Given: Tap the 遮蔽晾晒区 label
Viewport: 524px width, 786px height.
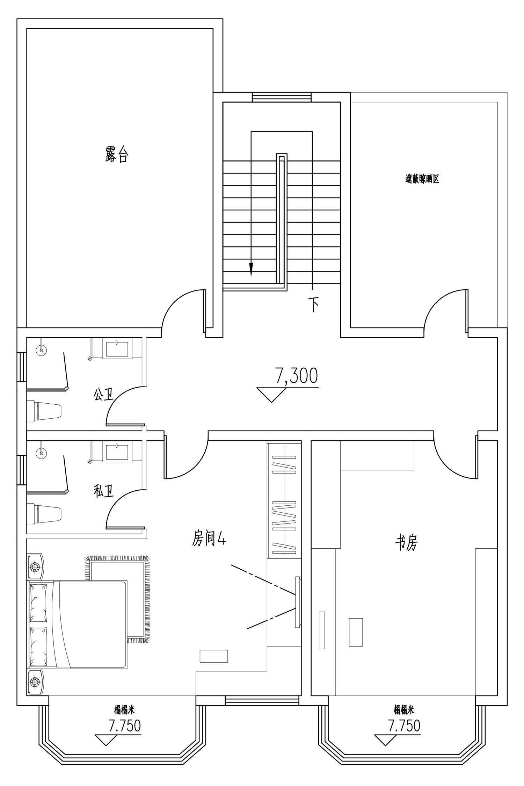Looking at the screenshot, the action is click(x=422, y=179).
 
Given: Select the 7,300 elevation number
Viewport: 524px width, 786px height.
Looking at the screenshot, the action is click(x=297, y=376).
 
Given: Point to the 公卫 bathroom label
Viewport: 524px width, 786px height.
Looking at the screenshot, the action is click(x=103, y=395).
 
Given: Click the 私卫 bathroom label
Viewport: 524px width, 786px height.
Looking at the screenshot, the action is click(x=103, y=491).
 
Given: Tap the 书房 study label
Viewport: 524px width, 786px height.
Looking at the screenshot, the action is click(x=406, y=543).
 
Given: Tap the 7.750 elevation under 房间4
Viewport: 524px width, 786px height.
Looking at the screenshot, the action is click(x=125, y=725).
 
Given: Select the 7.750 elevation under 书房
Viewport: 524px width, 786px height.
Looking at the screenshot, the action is click(x=404, y=725).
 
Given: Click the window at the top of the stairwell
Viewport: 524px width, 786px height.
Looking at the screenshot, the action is click(x=282, y=97).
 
